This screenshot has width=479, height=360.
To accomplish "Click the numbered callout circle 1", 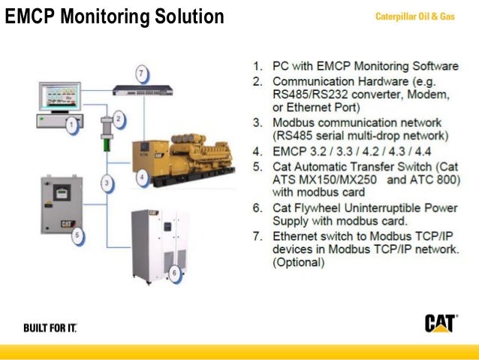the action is coord(71,125).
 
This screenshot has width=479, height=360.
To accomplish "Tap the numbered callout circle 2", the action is coord(118,117).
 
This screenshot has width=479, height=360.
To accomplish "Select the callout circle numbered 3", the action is coord(107,183).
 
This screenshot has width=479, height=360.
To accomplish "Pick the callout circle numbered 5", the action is coord(77,235).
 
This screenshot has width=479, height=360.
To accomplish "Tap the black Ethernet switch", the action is coord(146,90).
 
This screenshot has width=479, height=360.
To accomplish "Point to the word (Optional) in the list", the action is coord(298,263).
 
